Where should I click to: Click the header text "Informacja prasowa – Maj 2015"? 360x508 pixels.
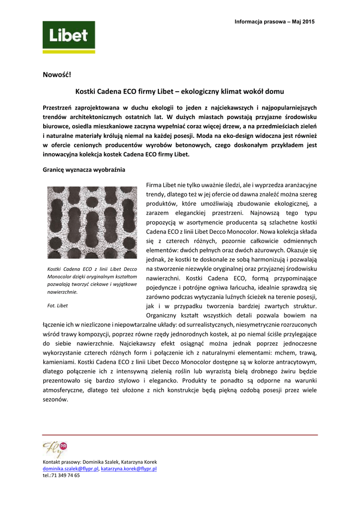[x=275, y=22]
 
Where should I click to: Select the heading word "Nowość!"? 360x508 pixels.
[x=57, y=75]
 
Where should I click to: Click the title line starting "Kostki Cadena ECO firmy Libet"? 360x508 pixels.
[x=179, y=92]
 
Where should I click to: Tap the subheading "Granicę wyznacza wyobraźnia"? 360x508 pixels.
[x=84, y=170]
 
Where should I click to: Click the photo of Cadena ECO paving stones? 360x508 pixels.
[x=92, y=222]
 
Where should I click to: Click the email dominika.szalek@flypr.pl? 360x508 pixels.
[x=71, y=468]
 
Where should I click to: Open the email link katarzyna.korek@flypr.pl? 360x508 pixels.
[x=129, y=468]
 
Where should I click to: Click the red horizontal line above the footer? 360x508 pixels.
[x=180, y=435]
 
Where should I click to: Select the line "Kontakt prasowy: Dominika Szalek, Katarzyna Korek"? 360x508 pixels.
[x=100, y=462]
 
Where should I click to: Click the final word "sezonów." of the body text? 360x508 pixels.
[x=55, y=399]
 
